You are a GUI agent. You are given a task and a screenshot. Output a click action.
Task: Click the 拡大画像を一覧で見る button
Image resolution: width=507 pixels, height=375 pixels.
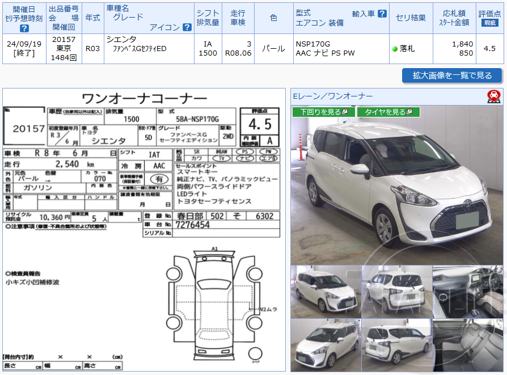[452, 75]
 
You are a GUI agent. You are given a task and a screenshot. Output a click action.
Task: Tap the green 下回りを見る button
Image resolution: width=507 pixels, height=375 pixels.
[323, 112]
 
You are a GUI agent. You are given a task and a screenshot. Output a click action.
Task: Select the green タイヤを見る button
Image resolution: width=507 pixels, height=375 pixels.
[388, 112]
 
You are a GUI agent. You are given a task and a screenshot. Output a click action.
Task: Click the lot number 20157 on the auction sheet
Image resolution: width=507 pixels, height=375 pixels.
[28, 129]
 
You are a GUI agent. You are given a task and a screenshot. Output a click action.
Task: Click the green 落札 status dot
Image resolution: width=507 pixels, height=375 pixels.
[395, 49]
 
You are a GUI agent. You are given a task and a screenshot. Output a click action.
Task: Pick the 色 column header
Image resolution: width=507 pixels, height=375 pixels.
[274, 18]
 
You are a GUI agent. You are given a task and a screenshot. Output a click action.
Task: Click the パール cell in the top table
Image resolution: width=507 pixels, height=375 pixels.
[274, 49]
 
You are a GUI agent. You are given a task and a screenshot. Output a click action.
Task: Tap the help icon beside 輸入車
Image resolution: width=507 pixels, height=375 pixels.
[382, 13]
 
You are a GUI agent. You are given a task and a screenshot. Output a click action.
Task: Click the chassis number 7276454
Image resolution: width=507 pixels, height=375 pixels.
[193, 225]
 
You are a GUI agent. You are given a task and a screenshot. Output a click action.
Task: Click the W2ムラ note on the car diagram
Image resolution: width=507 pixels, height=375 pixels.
[268, 309]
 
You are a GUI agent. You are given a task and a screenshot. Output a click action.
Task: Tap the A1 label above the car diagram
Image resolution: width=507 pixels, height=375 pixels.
[214, 248]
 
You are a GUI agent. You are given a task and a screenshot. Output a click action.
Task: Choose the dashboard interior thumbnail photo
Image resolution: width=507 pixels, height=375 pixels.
[467, 292]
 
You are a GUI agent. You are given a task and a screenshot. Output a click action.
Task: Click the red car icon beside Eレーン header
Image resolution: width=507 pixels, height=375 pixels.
[493, 96]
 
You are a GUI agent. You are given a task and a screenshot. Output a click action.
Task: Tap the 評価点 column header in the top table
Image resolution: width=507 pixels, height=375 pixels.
[489, 18]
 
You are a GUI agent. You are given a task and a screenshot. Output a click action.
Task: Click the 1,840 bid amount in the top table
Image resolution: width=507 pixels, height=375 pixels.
[463, 44]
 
